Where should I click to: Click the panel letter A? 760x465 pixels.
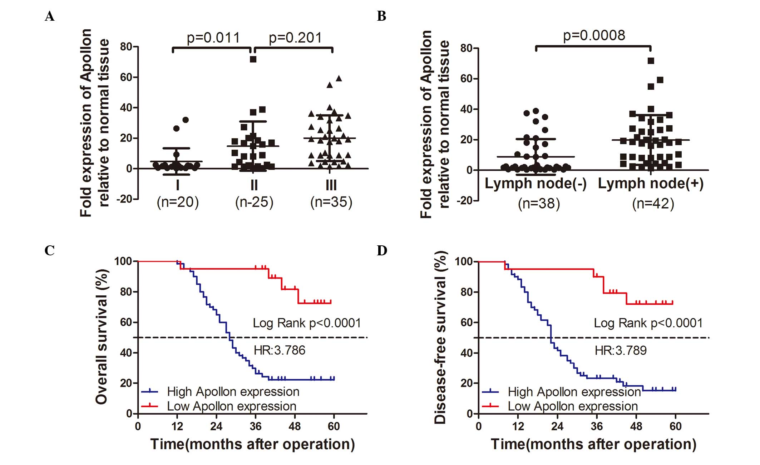point(50,16)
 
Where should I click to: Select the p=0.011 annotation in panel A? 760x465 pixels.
point(213,38)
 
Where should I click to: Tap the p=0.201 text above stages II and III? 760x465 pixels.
point(295,38)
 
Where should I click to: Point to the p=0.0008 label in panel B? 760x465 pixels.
point(594,35)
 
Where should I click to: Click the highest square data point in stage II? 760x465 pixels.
point(253,60)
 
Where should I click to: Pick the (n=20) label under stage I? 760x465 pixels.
point(178,202)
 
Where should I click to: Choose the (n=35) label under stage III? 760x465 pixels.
point(331,202)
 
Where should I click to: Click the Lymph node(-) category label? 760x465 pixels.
point(536,184)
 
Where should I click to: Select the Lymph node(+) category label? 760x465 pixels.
point(651,184)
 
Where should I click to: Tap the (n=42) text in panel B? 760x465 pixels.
point(653,204)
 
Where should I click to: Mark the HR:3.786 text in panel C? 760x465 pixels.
point(280,350)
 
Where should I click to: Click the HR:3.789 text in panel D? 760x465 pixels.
point(621,350)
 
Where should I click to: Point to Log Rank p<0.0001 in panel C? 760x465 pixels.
point(307,323)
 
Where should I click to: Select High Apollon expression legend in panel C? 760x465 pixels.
point(233,392)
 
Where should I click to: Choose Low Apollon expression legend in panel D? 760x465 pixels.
point(573,406)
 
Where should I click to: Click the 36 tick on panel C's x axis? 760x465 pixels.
point(256,426)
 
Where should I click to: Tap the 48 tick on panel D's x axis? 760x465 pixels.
point(636,426)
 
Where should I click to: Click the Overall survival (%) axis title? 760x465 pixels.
point(102,336)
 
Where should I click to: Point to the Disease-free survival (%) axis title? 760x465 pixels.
point(441,336)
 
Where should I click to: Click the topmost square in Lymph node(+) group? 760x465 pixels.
point(651,61)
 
